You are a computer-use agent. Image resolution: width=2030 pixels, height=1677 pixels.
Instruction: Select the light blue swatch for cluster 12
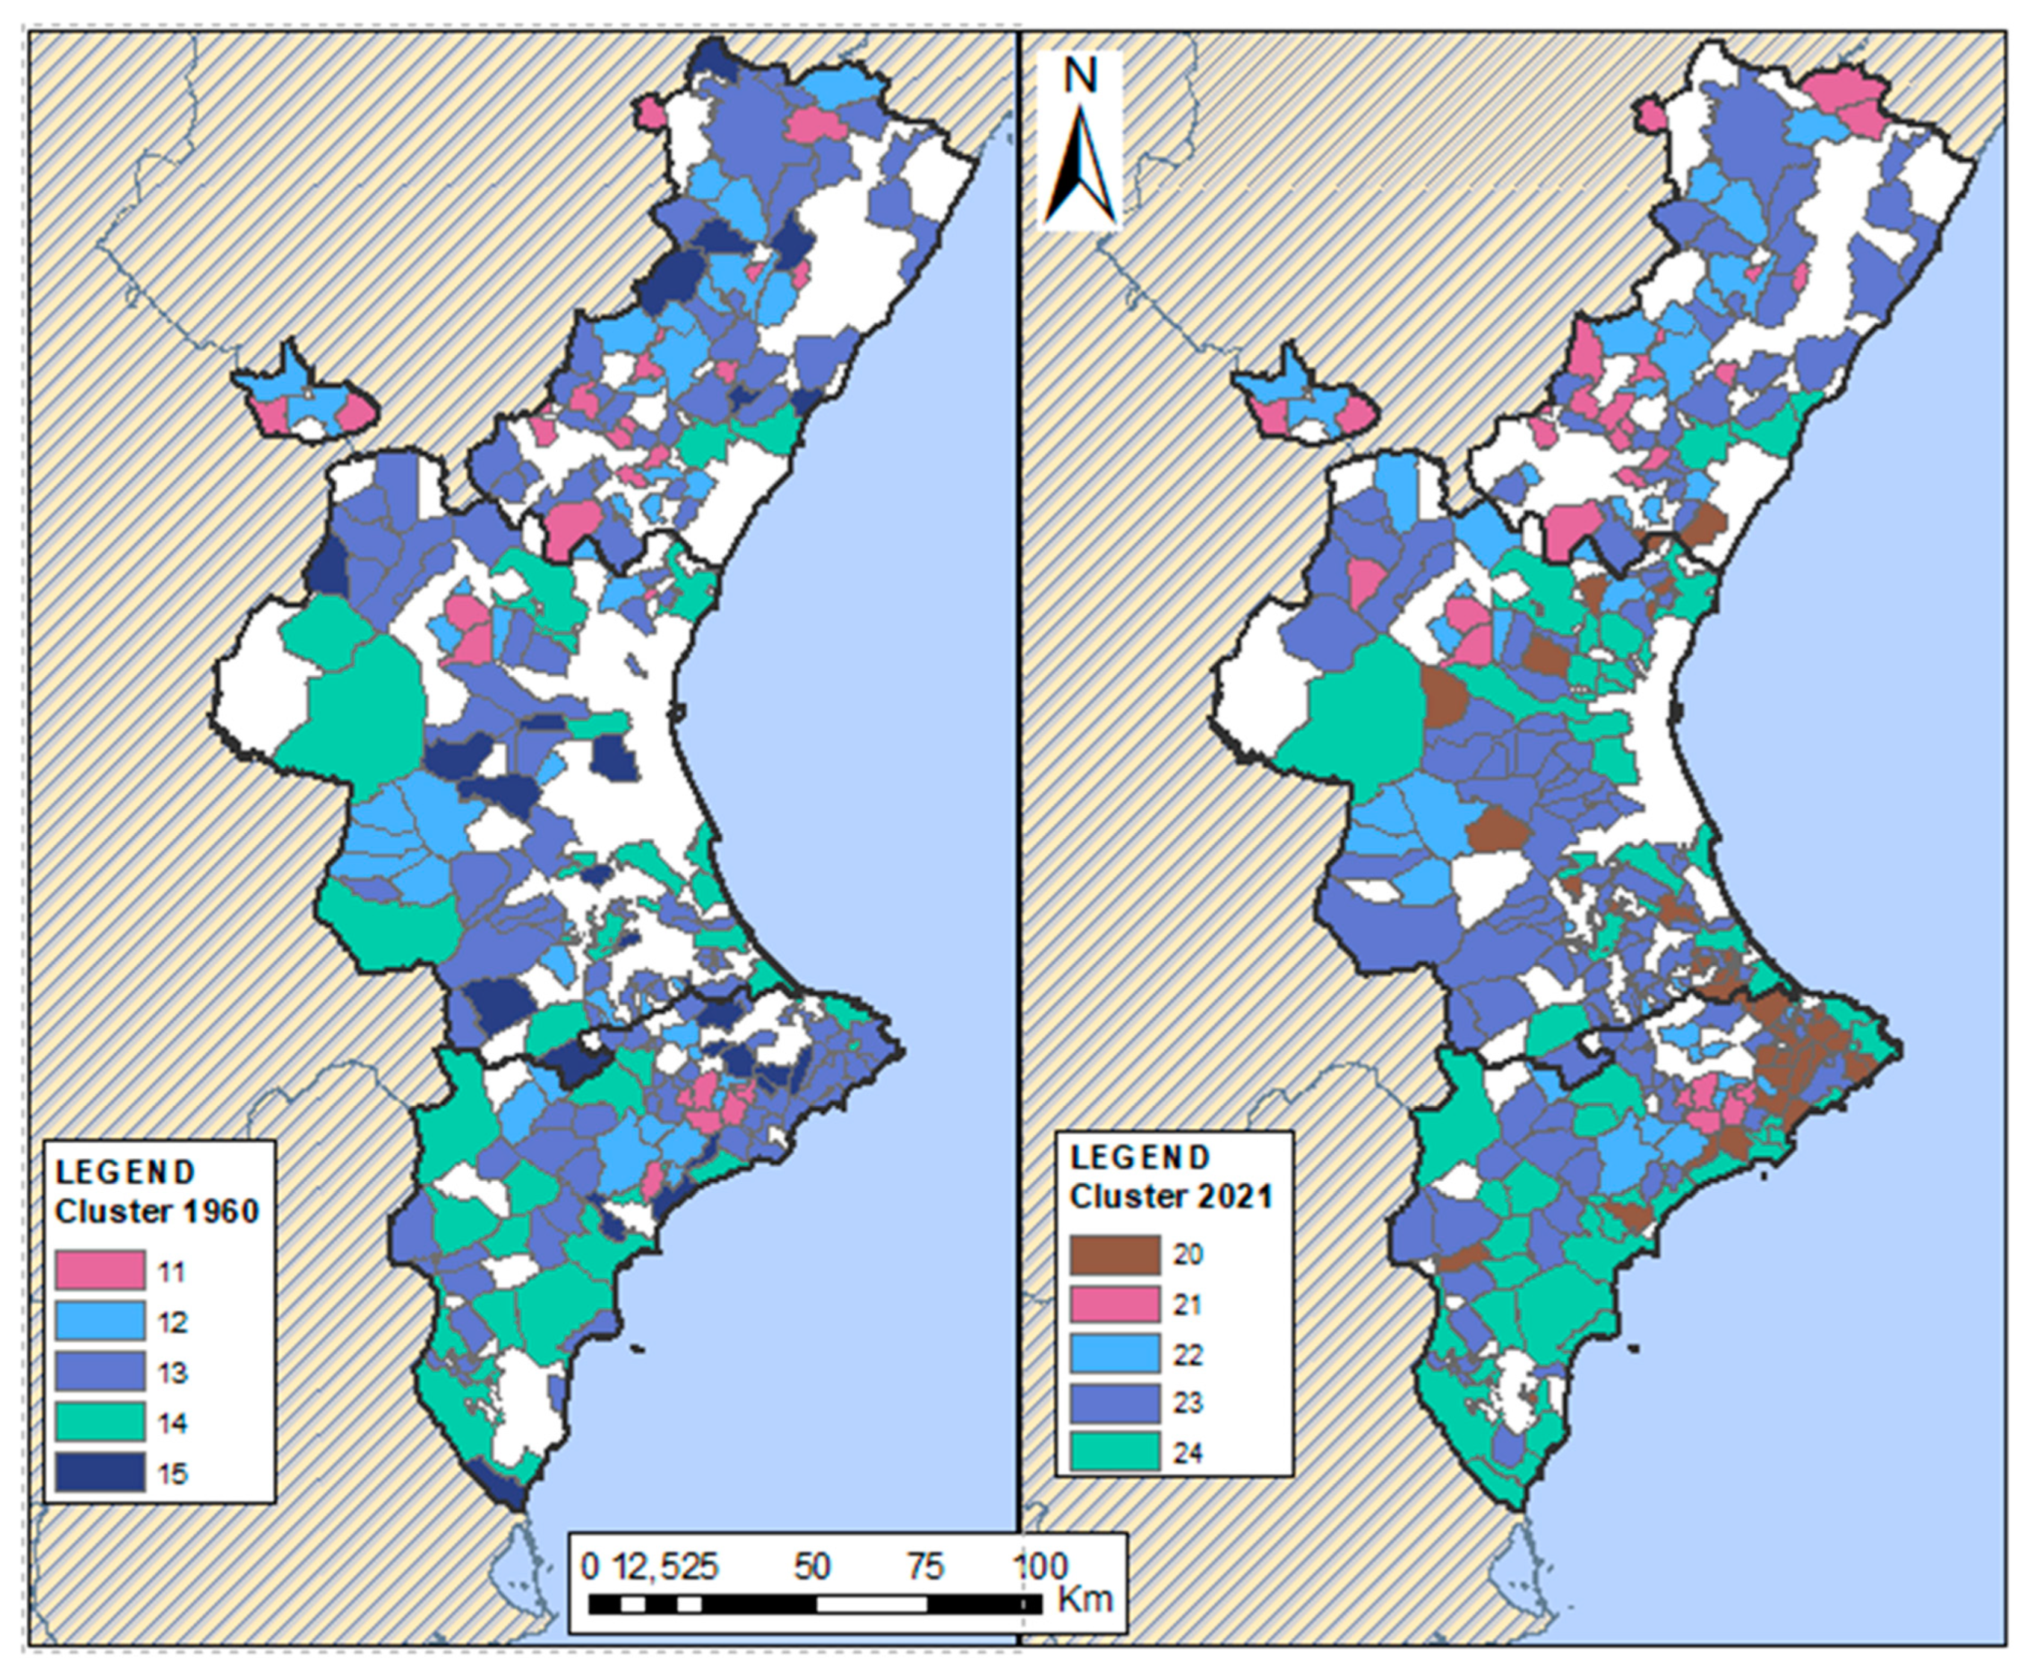pos(99,1321)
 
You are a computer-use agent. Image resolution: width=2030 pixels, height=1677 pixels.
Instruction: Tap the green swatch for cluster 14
pos(99,1422)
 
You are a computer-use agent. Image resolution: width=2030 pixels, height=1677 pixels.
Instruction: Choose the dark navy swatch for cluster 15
pos(99,1472)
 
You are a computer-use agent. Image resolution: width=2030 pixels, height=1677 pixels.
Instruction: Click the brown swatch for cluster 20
pos(1115,1255)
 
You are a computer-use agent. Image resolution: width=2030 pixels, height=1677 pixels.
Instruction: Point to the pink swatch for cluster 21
pos(1115,1305)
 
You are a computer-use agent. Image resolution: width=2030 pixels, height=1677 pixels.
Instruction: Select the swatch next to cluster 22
pos(1115,1354)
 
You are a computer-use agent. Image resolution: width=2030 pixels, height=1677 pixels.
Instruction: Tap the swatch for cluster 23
pos(1115,1403)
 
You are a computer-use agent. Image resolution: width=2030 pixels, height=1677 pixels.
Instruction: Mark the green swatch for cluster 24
pos(1115,1452)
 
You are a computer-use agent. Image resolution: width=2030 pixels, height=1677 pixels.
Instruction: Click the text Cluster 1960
pos(157,1212)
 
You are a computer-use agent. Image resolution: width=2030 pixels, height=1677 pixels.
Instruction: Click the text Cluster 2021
pos(1171,1197)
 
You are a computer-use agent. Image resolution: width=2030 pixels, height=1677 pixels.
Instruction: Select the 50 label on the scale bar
pos(811,1567)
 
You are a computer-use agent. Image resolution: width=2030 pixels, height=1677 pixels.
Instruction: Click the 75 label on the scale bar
pos(925,1567)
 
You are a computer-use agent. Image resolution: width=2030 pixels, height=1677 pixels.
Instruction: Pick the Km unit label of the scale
pos(1085,1599)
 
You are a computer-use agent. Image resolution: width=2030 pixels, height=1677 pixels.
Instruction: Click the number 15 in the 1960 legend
pos(173,1474)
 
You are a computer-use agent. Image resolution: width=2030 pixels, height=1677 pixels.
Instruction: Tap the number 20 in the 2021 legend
pos(1187,1255)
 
